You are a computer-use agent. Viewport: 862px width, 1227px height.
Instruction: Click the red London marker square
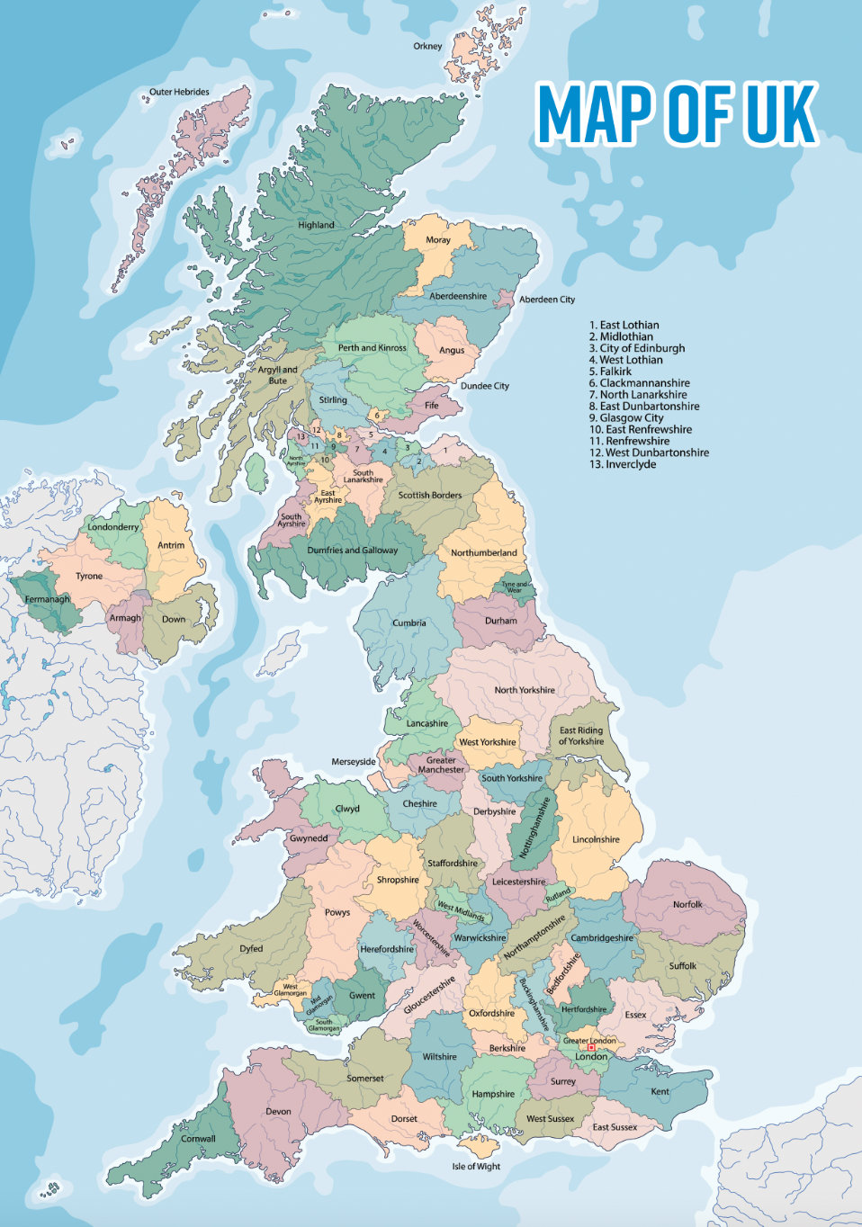(x=591, y=1048)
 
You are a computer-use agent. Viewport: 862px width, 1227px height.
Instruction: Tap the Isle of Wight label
(x=476, y=1167)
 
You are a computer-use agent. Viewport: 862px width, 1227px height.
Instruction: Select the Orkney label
(x=427, y=46)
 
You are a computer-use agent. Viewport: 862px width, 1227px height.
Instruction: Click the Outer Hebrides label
(x=179, y=92)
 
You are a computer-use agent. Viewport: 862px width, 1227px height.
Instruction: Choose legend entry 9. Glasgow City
(x=626, y=418)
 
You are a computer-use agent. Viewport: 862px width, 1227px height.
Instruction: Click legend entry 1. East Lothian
(x=624, y=325)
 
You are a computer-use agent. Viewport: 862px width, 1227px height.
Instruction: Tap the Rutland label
(x=558, y=894)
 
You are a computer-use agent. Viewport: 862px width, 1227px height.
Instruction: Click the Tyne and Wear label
(x=516, y=587)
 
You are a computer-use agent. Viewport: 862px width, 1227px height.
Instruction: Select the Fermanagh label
(x=47, y=599)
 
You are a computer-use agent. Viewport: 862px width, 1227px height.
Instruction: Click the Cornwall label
(x=198, y=1139)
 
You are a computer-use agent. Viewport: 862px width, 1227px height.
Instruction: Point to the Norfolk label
(x=687, y=904)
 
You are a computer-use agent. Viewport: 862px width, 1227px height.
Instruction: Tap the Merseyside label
(x=354, y=762)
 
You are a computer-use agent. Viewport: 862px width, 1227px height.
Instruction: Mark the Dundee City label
(x=484, y=386)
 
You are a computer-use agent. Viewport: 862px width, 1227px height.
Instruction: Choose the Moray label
(x=438, y=240)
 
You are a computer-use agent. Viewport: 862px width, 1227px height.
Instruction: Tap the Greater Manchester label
(x=441, y=765)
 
